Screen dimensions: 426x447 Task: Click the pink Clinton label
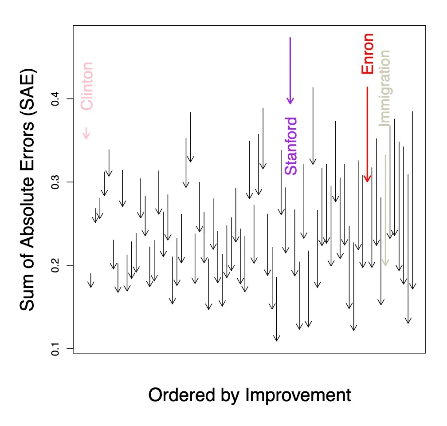tap(86, 86)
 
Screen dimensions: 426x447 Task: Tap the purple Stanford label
tap(290, 146)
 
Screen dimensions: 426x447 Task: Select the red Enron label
tap(368, 54)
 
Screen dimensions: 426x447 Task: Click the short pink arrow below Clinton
tap(87, 133)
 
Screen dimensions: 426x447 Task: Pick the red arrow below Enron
tap(367, 133)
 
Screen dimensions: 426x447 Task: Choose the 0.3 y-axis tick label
tap(55, 182)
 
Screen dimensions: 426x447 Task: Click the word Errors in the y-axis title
tap(27, 149)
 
